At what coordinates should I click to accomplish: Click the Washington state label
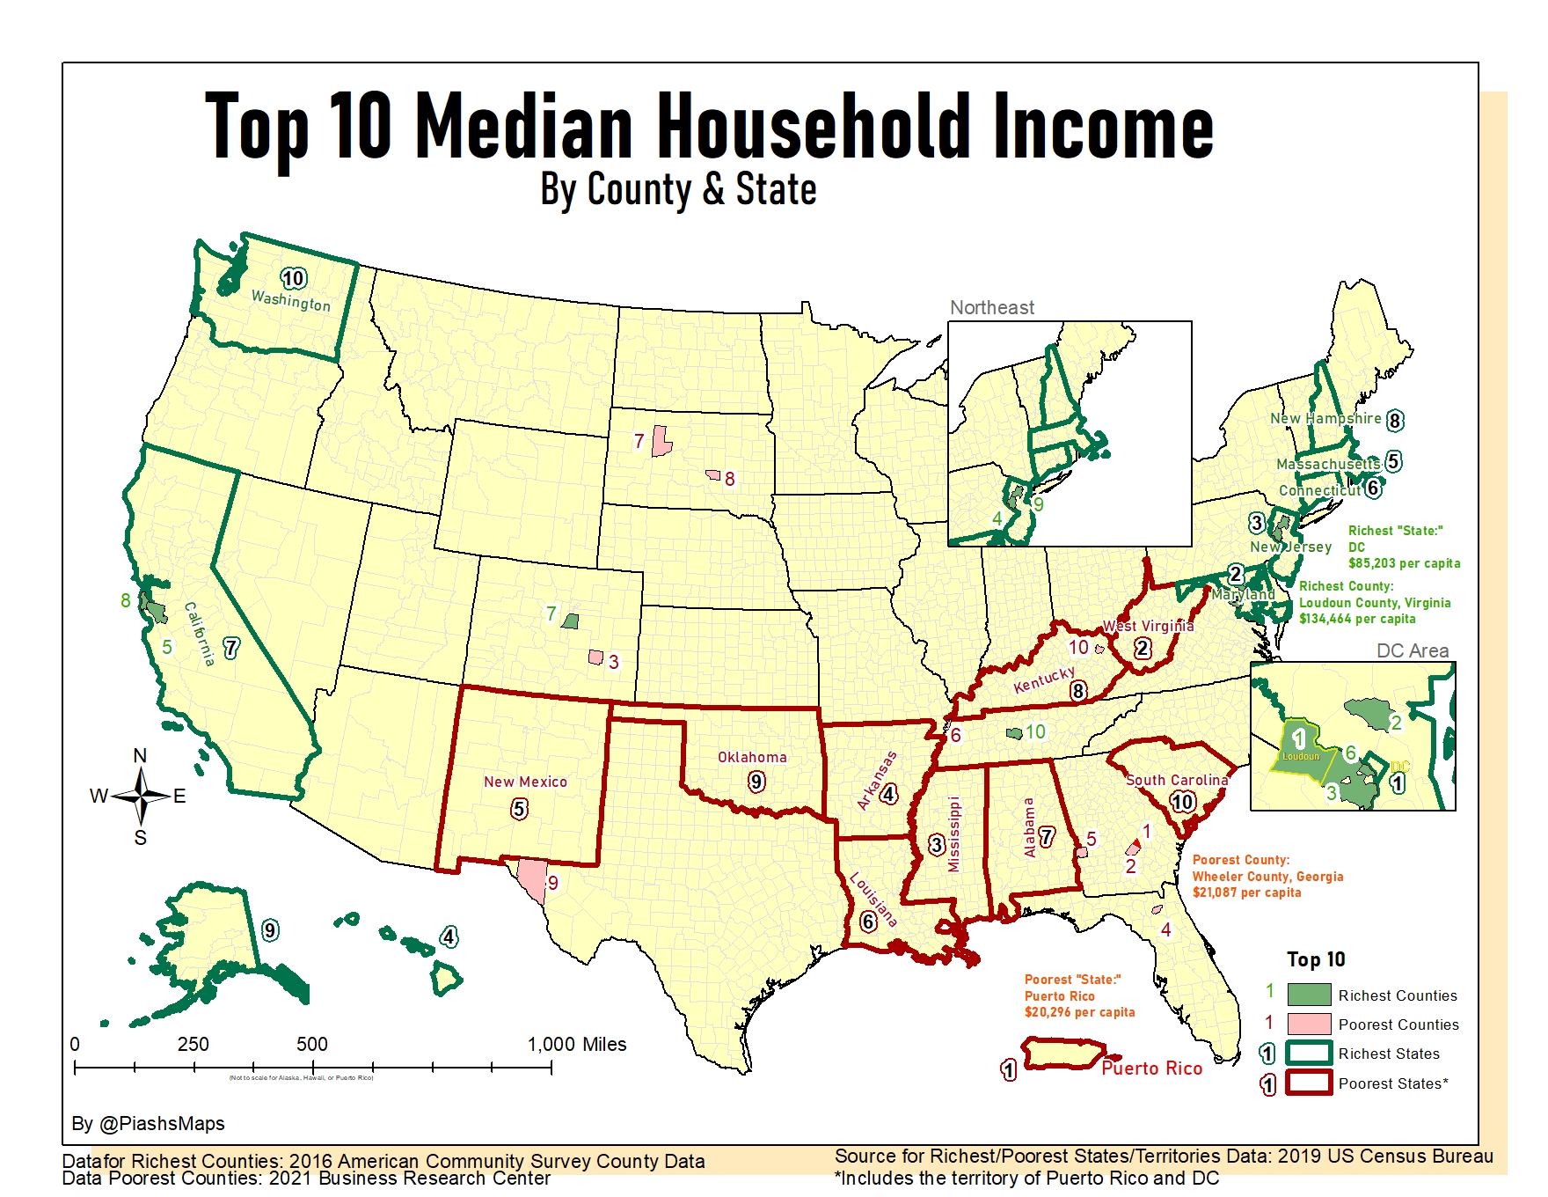point(291,301)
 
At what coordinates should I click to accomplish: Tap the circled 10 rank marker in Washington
point(293,279)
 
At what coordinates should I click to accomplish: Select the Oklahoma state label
point(752,757)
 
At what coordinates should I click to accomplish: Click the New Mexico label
point(525,782)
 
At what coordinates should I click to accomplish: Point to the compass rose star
point(141,796)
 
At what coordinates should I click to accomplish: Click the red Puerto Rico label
point(1151,1068)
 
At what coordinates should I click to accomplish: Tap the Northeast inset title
point(991,308)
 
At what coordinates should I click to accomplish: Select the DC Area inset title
point(1412,651)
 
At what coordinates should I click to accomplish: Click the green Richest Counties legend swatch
point(1309,995)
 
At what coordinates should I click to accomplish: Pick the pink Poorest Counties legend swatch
point(1309,1024)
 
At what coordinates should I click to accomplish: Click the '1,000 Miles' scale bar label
point(577,1045)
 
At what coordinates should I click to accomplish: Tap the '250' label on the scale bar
point(193,1045)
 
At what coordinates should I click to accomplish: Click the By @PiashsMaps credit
point(148,1124)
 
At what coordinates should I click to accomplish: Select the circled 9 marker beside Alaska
point(270,930)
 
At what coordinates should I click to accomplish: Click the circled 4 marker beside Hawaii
point(449,936)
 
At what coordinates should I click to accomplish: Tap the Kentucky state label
point(1044,679)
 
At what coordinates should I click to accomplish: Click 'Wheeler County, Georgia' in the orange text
point(1267,877)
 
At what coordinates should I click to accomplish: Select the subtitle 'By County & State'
point(678,190)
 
